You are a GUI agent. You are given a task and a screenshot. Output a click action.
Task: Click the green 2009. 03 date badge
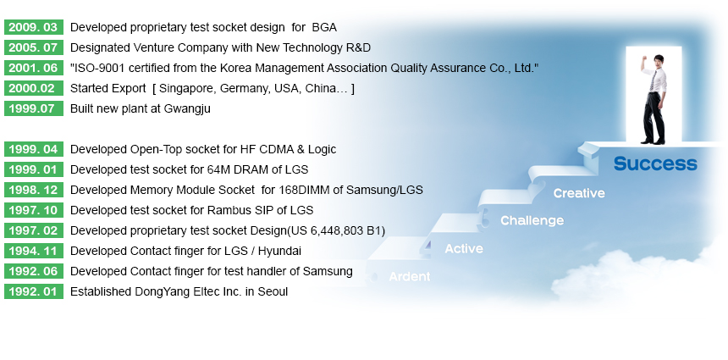click(33, 27)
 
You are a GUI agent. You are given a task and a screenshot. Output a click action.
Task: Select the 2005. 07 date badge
click(33, 47)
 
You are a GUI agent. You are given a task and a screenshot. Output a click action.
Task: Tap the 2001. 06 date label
click(33, 68)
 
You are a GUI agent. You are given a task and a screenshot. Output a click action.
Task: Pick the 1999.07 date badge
click(33, 108)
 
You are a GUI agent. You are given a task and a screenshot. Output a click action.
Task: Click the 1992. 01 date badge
click(33, 291)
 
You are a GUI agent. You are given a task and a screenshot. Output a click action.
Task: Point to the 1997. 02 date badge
click(33, 230)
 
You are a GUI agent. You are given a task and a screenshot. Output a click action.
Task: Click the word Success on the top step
click(655, 163)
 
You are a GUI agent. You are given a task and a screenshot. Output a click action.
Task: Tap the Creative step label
click(579, 193)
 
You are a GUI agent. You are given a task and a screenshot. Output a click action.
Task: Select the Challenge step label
click(532, 220)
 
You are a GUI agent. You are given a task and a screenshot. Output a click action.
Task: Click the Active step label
click(464, 248)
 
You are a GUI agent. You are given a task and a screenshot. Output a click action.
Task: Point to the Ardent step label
click(410, 276)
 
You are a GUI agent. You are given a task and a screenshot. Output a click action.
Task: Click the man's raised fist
click(643, 59)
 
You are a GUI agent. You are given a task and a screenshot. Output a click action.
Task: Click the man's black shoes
click(653, 141)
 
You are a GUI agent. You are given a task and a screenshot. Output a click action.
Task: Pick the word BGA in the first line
click(324, 27)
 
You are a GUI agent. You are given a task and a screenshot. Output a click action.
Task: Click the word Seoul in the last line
click(273, 291)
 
